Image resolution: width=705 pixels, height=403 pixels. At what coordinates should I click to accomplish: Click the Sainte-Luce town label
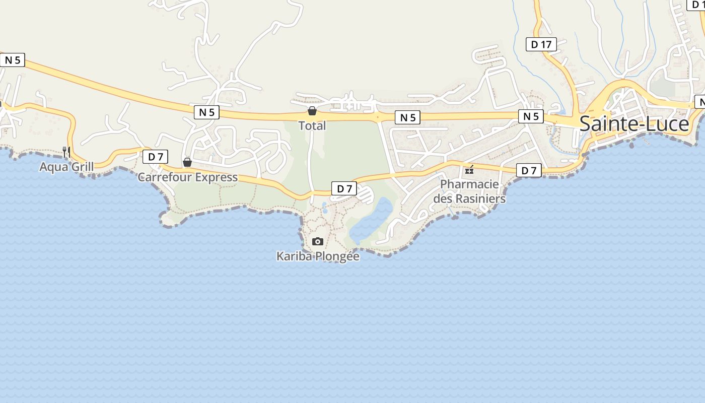634,124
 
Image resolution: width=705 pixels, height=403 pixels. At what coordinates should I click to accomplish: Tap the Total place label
312,126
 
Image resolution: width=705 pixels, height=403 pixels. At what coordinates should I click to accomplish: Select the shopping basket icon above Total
312,111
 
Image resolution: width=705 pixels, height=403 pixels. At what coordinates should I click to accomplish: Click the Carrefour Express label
187,177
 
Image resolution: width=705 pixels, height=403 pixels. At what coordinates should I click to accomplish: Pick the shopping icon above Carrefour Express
187,162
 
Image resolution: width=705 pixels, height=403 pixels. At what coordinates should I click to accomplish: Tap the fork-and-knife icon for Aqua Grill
66,151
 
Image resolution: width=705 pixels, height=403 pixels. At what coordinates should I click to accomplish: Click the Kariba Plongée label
318,256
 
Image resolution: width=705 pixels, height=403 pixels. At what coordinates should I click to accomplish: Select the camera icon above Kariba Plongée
317,242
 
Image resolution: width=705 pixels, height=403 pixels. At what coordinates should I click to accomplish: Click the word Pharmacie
469,184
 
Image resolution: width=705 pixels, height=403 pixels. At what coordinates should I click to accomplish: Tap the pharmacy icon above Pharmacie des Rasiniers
469,170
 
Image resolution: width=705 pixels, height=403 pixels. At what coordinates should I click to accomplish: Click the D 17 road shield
541,44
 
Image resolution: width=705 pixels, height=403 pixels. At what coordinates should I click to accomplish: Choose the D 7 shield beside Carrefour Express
155,157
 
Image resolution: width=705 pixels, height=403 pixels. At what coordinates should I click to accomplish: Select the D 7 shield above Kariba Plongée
344,189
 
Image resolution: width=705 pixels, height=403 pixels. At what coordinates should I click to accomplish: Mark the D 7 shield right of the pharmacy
529,171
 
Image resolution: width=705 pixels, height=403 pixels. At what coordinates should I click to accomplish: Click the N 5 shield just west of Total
206,112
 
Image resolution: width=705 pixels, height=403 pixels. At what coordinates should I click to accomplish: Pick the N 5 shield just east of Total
408,118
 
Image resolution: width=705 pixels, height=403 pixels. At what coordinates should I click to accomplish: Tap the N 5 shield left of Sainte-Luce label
531,117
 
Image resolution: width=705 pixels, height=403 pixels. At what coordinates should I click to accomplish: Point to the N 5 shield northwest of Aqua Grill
13,60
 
